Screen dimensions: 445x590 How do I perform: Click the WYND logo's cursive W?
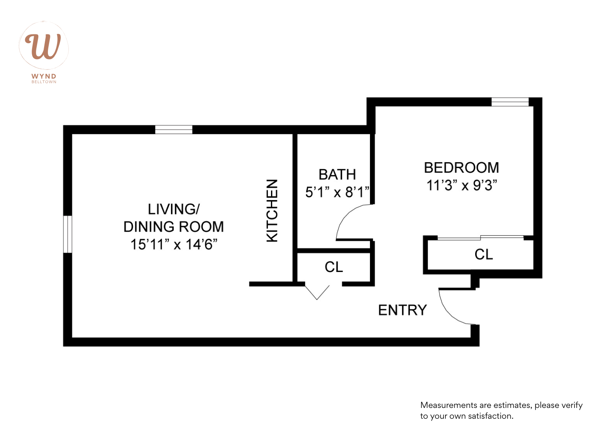tap(43, 46)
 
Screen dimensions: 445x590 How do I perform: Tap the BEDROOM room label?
tap(461, 168)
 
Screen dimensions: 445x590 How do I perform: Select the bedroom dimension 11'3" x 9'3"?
tap(461, 185)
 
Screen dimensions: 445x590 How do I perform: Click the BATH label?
tap(337, 175)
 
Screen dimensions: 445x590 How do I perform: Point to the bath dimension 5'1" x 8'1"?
tap(337, 192)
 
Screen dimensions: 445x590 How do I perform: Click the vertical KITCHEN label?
tap(273, 211)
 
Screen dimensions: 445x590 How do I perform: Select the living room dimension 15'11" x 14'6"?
tap(174, 245)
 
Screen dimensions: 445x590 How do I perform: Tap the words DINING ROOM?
tap(174, 227)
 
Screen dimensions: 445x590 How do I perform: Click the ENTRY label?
tap(402, 310)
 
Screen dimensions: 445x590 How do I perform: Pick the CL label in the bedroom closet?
tap(484, 255)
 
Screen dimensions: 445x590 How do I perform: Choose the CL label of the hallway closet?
tap(334, 267)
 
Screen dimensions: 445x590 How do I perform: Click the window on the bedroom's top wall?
tap(510, 102)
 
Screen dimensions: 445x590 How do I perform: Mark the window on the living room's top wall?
tap(174, 129)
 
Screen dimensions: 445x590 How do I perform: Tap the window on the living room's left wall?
tap(68, 234)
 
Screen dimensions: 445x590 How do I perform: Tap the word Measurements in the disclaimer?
tap(448, 405)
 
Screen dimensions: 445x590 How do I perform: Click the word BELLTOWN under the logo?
tap(44, 82)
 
